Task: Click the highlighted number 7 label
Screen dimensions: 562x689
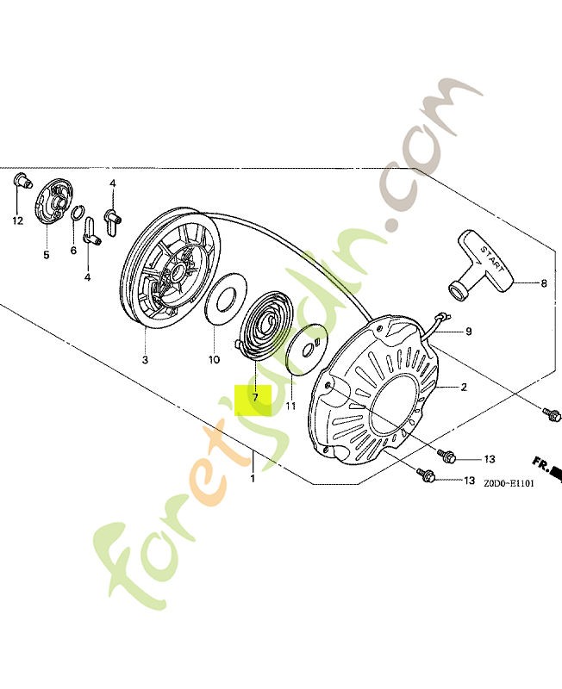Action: click(x=254, y=399)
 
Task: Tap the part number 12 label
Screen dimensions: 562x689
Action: click(x=18, y=220)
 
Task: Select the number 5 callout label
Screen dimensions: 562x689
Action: click(x=47, y=254)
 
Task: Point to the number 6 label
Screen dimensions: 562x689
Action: click(x=73, y=251)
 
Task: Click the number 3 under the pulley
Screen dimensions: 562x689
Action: click(x=144, y=359)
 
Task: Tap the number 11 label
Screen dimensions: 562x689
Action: click(x=290, y=406)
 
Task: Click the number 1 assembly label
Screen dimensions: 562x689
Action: click(x=253, y=478)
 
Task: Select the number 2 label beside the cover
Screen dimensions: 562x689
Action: click(x=464, y=388)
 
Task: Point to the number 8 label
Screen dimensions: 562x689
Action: click(x=544, y=282)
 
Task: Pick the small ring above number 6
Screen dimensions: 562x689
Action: click(x=77, y=214)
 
